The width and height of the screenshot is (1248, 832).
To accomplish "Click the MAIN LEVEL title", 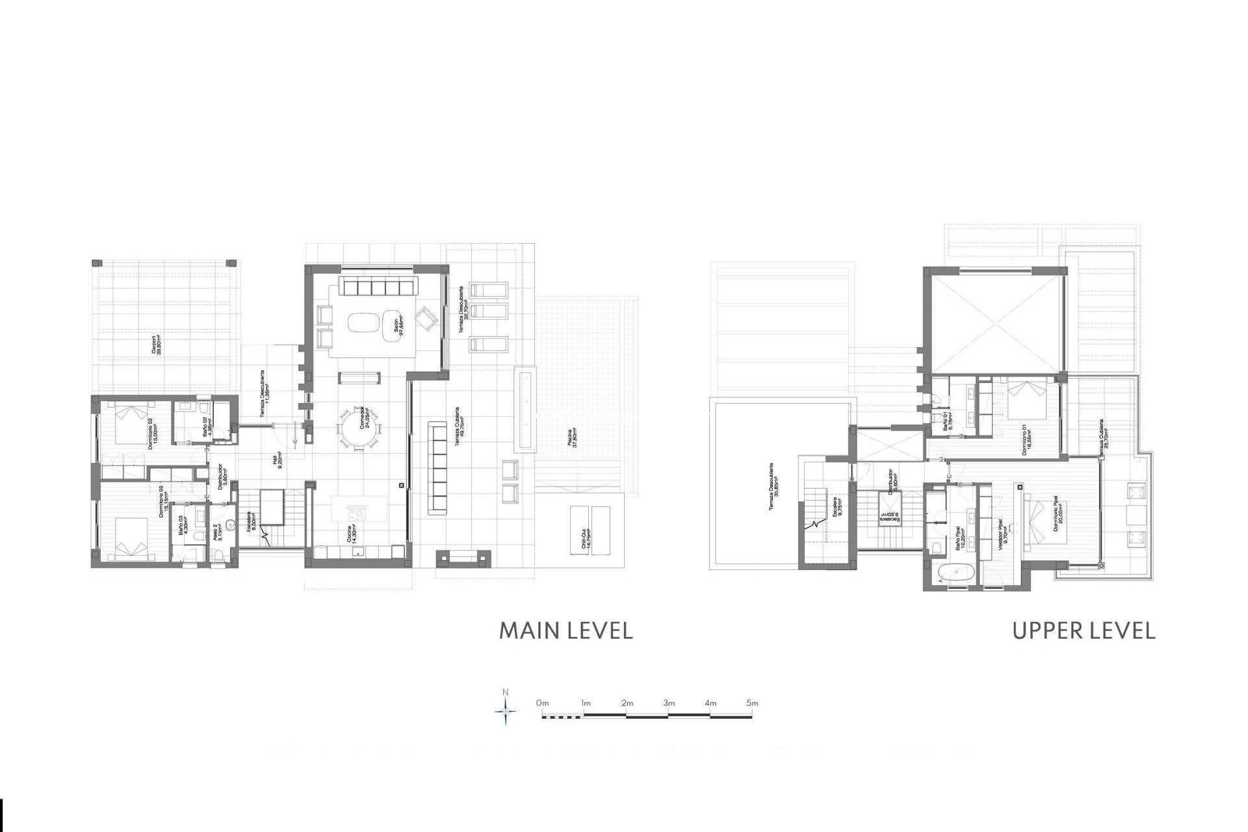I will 565,630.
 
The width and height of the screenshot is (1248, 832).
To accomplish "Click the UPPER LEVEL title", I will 1084,630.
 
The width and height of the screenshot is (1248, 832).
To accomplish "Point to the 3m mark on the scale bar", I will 669,703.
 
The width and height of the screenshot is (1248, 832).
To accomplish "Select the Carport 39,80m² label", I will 156,345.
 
